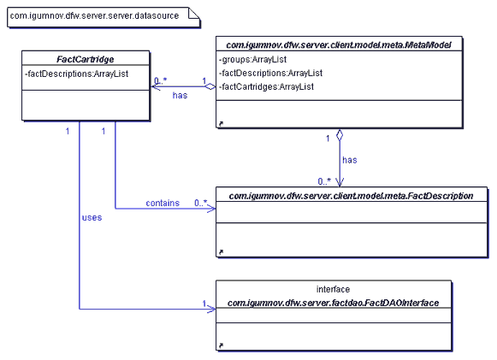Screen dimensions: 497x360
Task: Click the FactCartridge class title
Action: click(86, 59)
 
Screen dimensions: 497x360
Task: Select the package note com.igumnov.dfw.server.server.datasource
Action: click(104, 17)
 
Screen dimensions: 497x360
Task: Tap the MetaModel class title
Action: click(339, 45)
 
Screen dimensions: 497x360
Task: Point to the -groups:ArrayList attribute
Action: click(252, 59)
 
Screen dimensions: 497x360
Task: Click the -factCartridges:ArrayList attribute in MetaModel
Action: click(266, 86)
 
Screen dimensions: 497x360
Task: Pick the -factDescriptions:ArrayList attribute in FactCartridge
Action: click(76, 74)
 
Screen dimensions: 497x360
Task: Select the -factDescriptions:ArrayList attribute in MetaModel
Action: click(270, 73)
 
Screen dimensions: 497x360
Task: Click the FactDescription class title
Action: click(351, 196)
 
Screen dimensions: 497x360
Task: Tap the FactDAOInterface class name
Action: click(333, 303)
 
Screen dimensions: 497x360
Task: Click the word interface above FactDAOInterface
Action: click(333, 289)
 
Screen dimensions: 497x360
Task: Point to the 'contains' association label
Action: click(163, 203)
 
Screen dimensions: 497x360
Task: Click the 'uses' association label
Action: click(92, 217)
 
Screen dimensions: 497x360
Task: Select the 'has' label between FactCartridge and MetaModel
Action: click(180, 95)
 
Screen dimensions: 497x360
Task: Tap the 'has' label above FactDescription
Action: click(350, 160)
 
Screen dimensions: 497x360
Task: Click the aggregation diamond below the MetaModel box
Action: click(340, 135)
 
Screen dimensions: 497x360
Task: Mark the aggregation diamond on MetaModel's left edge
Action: click(210, 86)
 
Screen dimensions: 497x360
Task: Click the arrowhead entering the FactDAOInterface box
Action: click(211, 309)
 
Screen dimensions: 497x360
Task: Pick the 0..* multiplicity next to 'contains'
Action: click(201, 203)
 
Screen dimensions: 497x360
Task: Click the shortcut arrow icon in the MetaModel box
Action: click(221, 124)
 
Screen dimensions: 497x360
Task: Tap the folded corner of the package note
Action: click(194, 14)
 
